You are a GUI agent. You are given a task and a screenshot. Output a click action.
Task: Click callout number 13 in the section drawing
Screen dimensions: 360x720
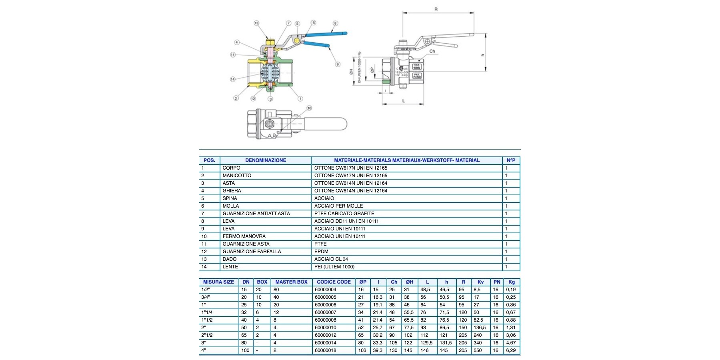point(256,23)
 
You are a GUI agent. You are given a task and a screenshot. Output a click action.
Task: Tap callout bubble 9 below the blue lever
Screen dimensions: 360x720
point(338,64)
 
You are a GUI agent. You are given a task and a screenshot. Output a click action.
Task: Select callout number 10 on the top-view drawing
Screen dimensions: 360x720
point(309,108)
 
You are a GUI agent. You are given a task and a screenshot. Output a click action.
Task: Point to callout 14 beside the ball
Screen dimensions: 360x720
point(233,79)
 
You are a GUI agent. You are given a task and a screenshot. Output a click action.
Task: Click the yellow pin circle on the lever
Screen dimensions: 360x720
point(296,40)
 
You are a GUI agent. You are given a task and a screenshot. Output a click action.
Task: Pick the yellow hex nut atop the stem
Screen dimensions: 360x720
point(269,42)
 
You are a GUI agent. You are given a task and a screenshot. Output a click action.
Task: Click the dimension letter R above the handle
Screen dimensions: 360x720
point(436,9)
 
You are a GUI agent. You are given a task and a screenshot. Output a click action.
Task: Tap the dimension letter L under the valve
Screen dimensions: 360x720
point(403,101)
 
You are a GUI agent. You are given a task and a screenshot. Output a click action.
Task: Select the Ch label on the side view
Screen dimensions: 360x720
point(432,51)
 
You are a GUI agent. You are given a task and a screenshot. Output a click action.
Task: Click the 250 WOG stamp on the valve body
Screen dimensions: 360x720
point(417,67)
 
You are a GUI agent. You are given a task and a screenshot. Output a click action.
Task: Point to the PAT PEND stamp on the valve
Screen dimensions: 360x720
point(417,75)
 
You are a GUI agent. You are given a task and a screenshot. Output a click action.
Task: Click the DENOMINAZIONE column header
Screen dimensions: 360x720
point(266,160)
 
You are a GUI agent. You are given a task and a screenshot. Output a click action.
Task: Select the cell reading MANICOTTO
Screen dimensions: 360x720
point(237,176)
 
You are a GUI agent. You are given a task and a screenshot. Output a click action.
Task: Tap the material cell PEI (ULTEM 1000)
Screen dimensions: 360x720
point(334,267)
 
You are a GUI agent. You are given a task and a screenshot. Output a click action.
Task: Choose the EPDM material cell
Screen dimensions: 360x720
point(321,252)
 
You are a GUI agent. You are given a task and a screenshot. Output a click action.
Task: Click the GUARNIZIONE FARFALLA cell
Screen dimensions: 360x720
point(252,252)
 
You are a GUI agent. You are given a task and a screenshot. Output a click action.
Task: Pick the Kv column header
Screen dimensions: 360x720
point(480,282)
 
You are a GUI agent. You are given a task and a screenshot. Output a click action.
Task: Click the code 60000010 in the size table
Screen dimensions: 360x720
point(326,328)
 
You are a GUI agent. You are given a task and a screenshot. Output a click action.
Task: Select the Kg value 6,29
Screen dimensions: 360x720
point(511,350)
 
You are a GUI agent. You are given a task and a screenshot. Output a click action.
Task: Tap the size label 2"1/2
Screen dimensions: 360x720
point(207,335)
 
